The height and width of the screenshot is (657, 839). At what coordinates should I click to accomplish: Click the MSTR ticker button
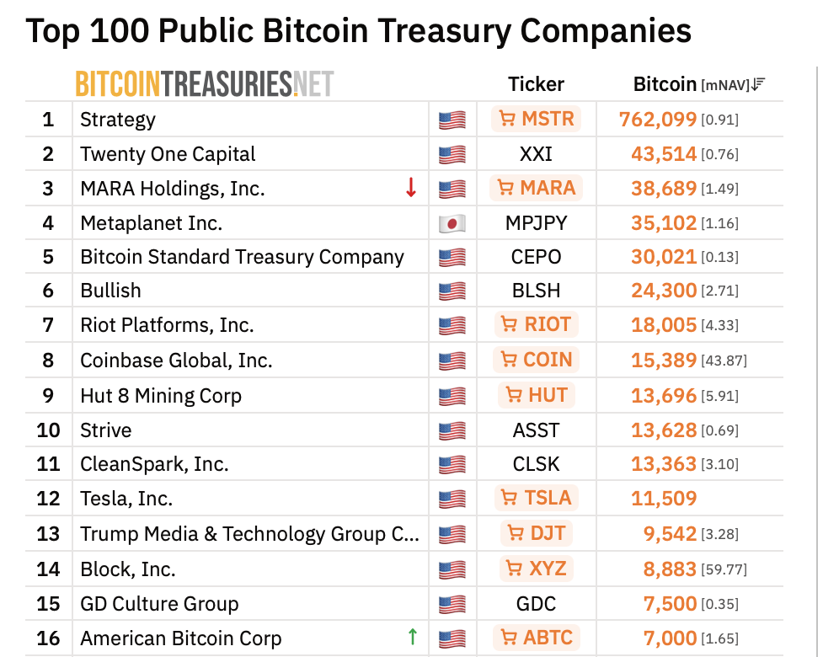[536, 119]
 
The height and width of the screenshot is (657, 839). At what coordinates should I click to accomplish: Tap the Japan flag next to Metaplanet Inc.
[452, 223]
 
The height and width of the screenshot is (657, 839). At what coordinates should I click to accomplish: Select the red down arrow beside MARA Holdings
[411, 188]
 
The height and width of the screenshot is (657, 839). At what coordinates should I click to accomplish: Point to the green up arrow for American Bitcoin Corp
[412, 637]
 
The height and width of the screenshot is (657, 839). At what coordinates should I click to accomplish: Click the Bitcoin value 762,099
[658, 120]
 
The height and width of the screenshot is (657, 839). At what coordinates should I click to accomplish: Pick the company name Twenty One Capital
[168, 154]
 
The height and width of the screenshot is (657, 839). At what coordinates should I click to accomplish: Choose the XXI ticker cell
[536, 154]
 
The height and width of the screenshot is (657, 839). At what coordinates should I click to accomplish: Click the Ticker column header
[536, 84]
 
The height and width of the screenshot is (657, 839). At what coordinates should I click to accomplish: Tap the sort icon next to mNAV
[758, 84]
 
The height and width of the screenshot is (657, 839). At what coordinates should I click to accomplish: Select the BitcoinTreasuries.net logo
[205, 84]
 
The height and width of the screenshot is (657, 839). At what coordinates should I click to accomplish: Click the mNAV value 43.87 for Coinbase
[724, 361]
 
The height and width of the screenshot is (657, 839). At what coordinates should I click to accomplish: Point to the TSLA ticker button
[536, 498]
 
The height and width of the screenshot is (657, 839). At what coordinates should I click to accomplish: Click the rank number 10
[48, 430]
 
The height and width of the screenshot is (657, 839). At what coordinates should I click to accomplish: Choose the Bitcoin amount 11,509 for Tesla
[664, 499]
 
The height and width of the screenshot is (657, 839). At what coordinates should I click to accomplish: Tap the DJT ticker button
[536, 533]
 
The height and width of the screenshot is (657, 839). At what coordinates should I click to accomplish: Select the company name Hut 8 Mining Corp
[161, 396]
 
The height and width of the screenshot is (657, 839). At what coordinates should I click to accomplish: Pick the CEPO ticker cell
[536, 257]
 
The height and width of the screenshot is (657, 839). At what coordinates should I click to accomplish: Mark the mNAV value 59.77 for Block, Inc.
[724, 569]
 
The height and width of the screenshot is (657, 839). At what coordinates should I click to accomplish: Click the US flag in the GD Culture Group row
[452, 604]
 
